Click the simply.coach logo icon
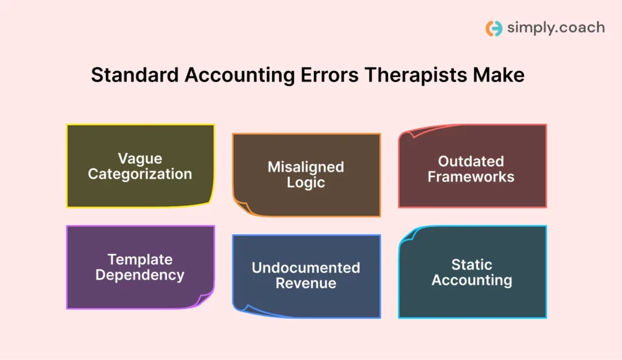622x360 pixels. tap(494, 28)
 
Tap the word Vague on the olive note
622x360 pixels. tap(140, 158)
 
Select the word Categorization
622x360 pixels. tap(140, 174)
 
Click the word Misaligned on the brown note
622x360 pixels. tap(306, 167)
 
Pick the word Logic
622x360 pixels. tap(306, 182)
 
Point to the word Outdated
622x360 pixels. tap(471, 161)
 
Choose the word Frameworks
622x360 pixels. tap(471, 177)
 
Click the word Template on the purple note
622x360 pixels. tap(140, 260)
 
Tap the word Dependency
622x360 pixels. tap(140, 275)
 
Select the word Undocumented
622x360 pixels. tap(306, 268)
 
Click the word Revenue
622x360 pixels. tap(306, 283)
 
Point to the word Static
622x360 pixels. tap(471, 265)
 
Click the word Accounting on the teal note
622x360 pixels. tap(471, 280)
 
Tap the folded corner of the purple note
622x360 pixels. tap(205, 300)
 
